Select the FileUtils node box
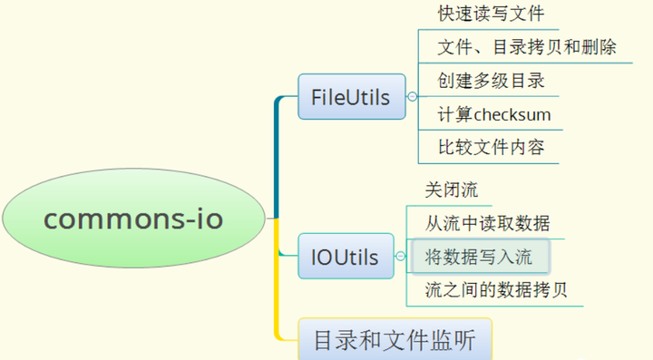pos(350,97)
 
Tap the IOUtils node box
pos(345,258)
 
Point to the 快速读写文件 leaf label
pos(491,15)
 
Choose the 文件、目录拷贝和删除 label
pos(527,47)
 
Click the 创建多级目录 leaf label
pos(491,81)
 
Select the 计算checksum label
pos(494,115)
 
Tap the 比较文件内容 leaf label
pos(491,147)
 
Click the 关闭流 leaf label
pos(452,191)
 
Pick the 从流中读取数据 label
pos(487,223)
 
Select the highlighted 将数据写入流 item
pos(480,257)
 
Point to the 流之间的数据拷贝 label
pos(497,290)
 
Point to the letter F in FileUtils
pos(316,97)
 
